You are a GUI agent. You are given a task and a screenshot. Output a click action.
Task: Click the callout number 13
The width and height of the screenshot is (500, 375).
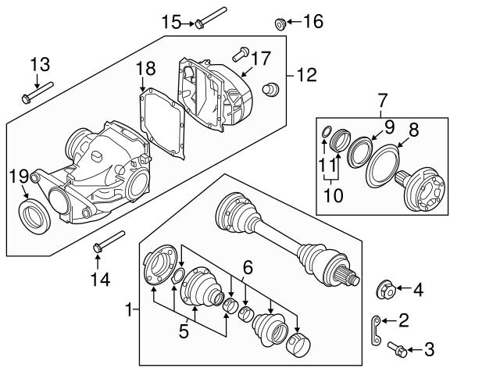pyautogui.click(x=39, y=64)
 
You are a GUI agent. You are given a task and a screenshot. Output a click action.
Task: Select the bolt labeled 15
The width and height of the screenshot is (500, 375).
pyautogui.click(x=209, y=18)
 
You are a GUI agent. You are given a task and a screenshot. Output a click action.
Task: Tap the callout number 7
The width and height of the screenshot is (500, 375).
pyautogui.click(x=383, y=100)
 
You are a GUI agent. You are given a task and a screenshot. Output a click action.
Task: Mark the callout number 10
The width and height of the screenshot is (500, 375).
pyautogui.click(x=334, y=195)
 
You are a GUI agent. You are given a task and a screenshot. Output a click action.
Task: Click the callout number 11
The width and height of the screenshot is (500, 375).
pyautogui.click(x=327, y=166)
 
